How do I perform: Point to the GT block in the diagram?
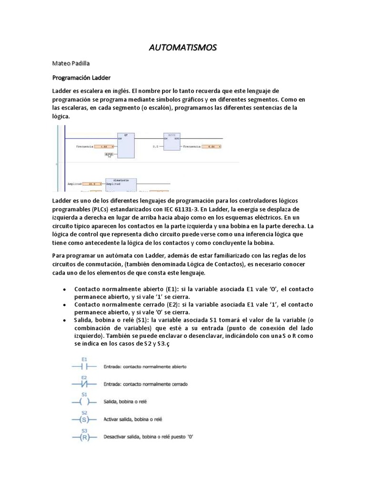point(126,145)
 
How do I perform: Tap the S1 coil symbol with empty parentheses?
point(84,402)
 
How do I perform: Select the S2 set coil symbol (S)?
point(84,419)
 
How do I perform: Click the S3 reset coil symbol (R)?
point(84,437)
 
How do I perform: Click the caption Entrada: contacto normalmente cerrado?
point(145,384)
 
